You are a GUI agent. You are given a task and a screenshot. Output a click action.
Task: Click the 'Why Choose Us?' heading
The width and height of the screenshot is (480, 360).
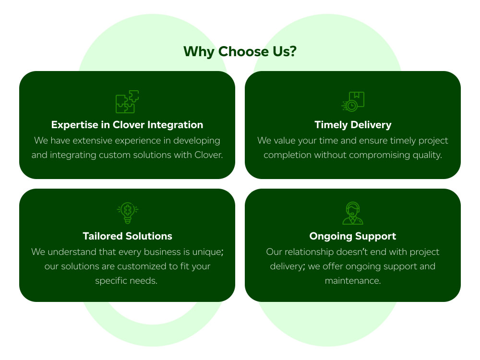click(x=240, y=51)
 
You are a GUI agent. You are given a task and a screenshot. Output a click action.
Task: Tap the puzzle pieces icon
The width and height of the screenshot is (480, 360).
click(x=127, y=102)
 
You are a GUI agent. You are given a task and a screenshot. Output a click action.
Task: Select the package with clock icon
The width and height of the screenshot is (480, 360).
click(x=353, y=101)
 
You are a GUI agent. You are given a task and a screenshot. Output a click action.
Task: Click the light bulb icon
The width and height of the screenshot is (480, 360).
click(x=127, y=213)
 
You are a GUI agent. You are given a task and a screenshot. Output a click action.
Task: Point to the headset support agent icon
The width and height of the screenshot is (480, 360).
click(x=353, y=213)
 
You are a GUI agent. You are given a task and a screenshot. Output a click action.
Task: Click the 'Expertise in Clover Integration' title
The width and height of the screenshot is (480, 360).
click(x=127, y=125)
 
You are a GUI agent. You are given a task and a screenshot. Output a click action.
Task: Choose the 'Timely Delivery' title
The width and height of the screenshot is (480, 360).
click(x=353, y=125)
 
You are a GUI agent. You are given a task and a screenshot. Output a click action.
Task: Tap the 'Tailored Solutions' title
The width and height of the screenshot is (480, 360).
click(x=127, y=236)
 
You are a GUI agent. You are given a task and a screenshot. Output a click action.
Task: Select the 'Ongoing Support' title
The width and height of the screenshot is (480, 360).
click(x=353, y=236)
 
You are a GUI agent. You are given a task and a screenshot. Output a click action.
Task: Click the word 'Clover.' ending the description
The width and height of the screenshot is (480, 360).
click(x=209, y=155)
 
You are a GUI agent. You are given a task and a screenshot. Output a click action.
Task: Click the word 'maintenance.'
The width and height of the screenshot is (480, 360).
click(x=353, y=281)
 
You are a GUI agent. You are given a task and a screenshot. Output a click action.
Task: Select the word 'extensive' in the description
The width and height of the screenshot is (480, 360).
click(x=93, y=141)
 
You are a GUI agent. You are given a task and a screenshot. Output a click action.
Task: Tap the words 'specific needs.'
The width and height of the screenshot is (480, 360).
click(x=126, y=281)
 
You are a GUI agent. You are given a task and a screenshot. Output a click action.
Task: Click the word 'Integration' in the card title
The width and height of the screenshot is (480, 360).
click(x=175, y=125)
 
